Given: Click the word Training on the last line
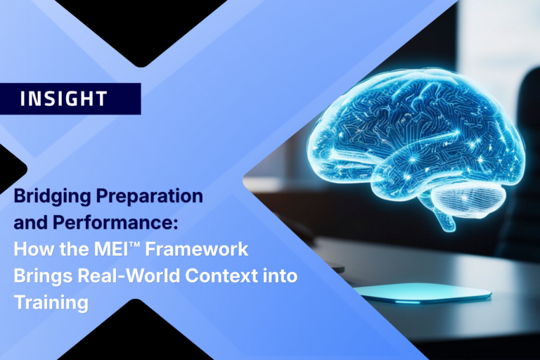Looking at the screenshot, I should [51, 303].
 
